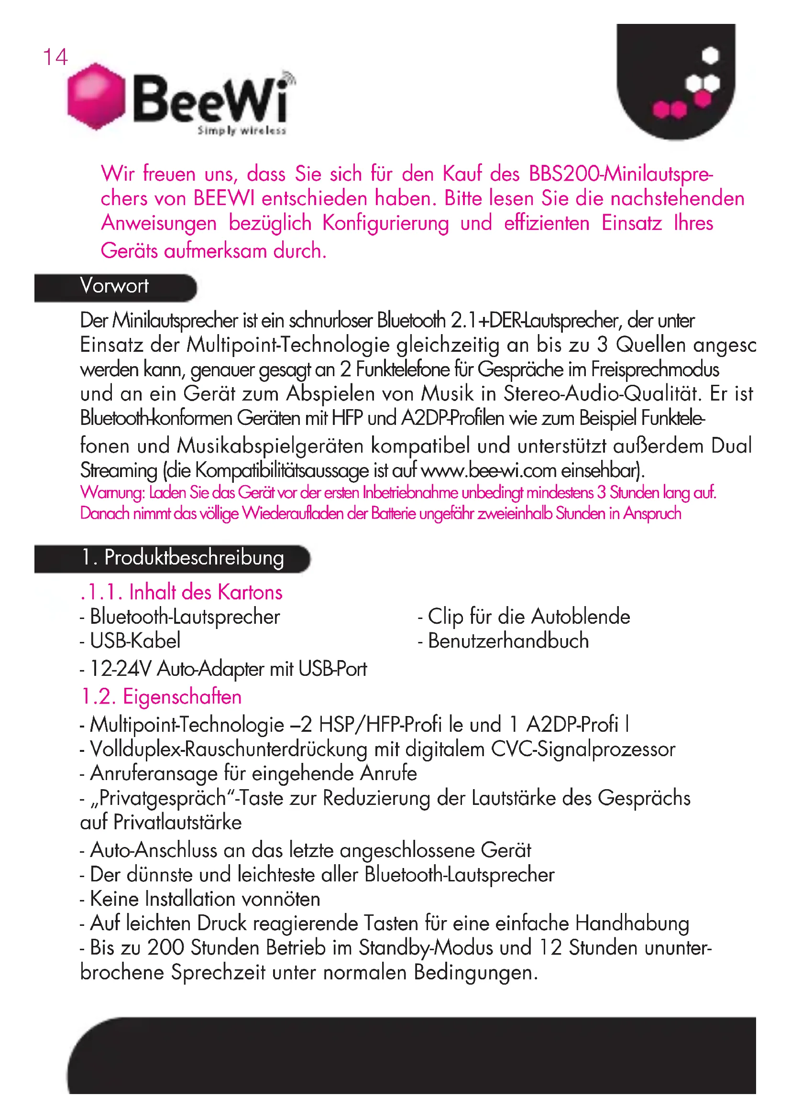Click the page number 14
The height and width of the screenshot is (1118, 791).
55,57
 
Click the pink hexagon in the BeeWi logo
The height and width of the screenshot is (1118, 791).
96,96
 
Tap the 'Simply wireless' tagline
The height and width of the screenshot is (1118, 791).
242,130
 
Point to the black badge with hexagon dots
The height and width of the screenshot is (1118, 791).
676,80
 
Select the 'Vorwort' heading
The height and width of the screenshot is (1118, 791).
114,286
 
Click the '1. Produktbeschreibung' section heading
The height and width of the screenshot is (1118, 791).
183,557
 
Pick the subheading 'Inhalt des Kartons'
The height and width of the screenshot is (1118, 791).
206,592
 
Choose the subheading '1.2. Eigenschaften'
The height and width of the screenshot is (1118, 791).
161,696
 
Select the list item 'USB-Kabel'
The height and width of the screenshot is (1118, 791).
135,640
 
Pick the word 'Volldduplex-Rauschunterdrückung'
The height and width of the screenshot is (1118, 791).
229,749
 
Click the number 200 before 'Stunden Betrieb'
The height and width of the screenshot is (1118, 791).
165,947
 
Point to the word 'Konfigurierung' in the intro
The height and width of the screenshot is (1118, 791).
385,224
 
